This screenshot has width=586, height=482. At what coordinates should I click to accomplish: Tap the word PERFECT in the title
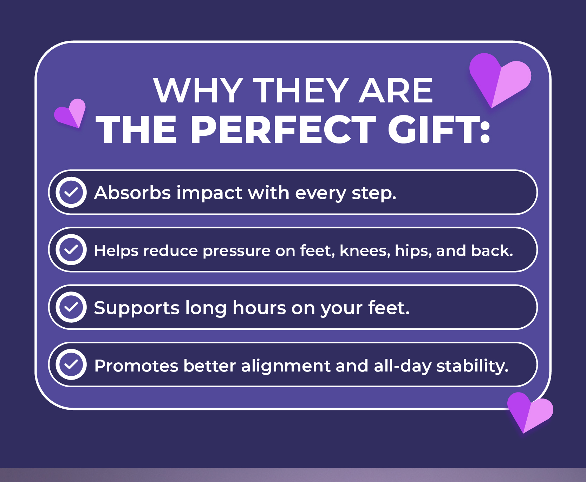click(x=283, y=129)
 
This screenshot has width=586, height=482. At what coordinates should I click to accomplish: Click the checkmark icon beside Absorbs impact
click(x=71, y=192)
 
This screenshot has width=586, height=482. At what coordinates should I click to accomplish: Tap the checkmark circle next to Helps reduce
click(x=71, y=250)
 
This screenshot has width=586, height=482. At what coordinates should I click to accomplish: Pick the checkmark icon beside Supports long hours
click(x=71, y=307)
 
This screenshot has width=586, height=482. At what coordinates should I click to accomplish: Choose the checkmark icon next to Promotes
click(x=71, y=365)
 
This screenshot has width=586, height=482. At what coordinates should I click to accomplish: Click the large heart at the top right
click(x=500, y=79)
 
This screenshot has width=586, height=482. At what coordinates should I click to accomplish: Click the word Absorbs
click(x=132, y=193)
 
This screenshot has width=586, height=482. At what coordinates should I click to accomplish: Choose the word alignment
click(x=286, y=366)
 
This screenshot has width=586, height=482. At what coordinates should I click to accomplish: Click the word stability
click(x=472, y=366)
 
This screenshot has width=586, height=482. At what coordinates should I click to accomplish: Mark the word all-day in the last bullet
click(x=402, y=366)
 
